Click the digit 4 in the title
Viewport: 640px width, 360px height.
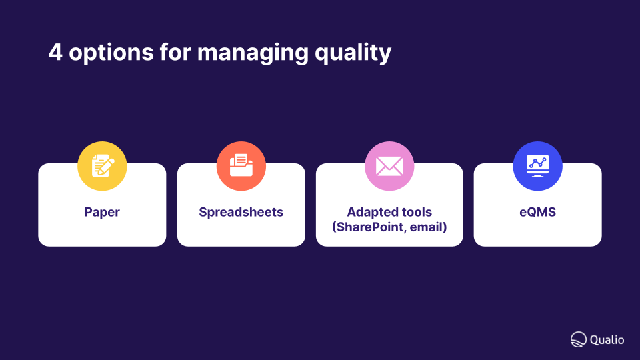55,52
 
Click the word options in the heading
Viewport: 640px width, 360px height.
111,53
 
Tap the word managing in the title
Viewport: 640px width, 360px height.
253,53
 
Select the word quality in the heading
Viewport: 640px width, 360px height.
353,53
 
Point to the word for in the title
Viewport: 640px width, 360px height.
175,52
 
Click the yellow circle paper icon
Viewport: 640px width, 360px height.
102,166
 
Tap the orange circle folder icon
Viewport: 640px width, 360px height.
241,166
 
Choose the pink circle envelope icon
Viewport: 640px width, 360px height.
389,166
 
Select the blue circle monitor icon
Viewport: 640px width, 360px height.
537,166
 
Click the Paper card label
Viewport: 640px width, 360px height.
102,212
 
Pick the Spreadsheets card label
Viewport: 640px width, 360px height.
241,212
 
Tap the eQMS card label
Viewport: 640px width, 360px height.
537,212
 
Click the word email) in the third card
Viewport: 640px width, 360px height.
429,227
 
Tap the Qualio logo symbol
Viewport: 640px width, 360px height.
579,339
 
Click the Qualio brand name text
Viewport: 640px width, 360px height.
607,339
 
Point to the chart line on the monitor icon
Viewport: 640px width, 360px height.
537,163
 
